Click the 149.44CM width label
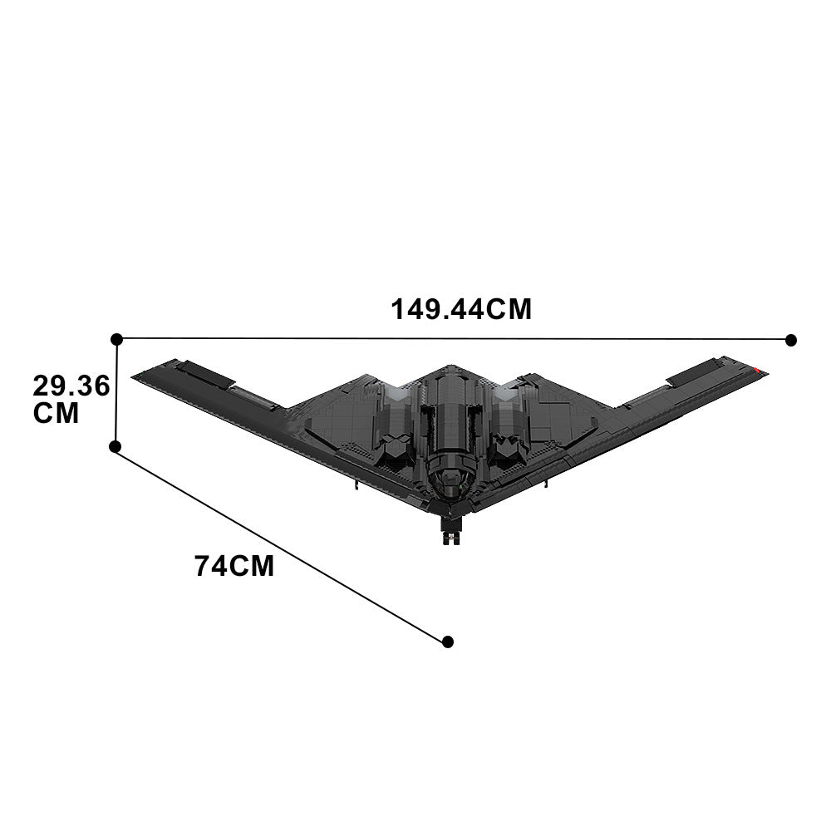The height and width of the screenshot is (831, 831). click(x=461, y=309)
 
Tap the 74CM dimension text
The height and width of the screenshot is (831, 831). click(x=234, y=566)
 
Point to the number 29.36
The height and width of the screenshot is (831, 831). click(x=71, y=386)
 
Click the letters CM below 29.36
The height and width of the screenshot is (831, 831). click(x=57, y=413)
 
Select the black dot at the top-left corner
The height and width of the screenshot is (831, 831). click(x=117, y=339)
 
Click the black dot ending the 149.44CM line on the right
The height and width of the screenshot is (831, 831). click(x=791, y=340)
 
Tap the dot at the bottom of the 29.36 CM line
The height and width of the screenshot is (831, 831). click(x=116, y=446)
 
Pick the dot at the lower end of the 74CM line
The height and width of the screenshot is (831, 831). click(x=448, y=642)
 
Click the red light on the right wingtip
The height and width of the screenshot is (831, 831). click(x=758, y=368)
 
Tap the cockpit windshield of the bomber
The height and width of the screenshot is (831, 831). click(x=450, y=478)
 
